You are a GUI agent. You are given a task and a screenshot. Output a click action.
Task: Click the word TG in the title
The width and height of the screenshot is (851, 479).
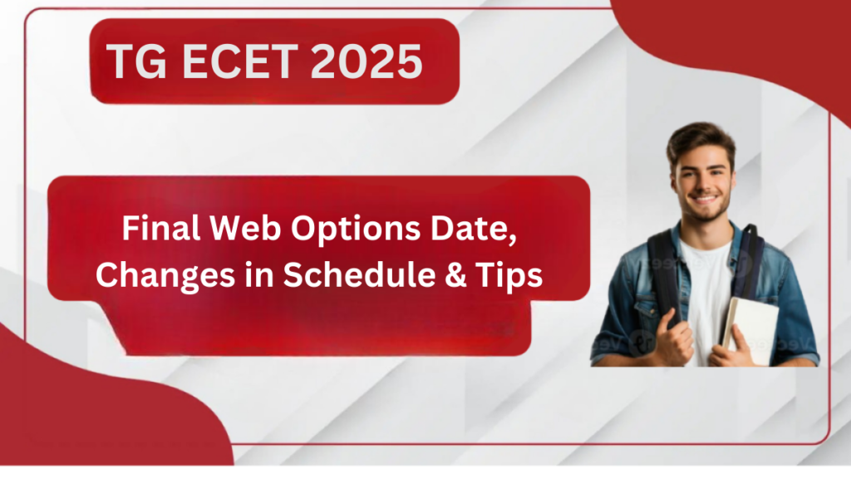coord(136,61)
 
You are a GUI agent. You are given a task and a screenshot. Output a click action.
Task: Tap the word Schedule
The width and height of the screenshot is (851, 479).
coord(359,274)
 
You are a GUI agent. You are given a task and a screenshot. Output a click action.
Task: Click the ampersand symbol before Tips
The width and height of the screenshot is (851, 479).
coord(456,274)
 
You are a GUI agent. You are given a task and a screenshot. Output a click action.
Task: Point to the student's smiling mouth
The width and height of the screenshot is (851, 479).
coord(706,200)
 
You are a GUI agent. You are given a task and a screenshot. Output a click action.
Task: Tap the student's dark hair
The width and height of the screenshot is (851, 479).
coord(701,140)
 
